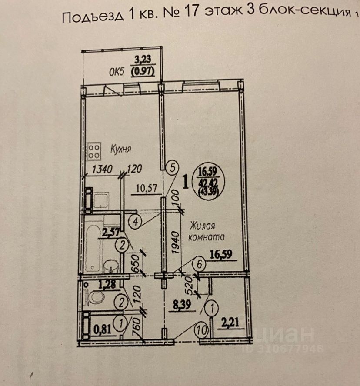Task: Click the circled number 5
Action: point(173,166)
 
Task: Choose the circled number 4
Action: point(136,222)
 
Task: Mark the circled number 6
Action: point(199,264)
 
